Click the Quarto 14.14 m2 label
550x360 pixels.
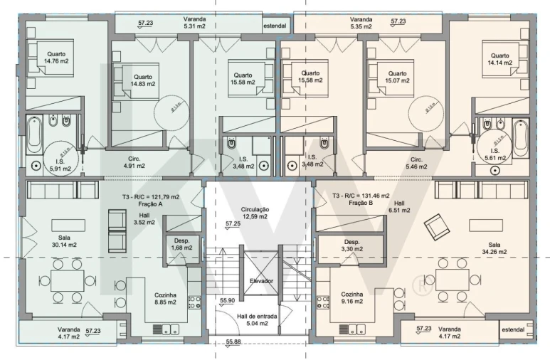pyautogui.click(x=499, y=59)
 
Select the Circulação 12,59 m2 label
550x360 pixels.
pyautogui.click(x=255, y=213)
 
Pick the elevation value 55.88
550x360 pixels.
pyautogui.click(x=233, y=342)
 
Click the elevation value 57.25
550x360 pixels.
pyautogui.click(x=233, y=223)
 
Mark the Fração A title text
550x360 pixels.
pyautogui.click(x=150, y=204)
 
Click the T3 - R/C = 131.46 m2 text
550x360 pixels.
pyautogui.click(x=361, y=196)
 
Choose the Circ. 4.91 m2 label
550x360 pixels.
pyautogui.click(x=134, y=162)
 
